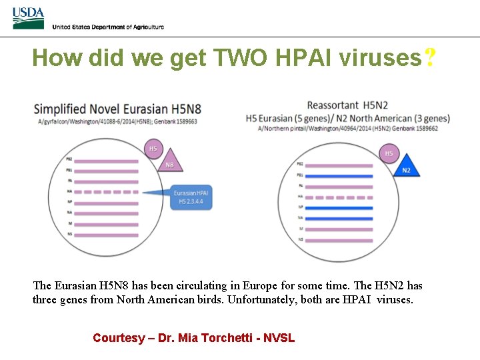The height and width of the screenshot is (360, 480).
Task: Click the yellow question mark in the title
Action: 430,59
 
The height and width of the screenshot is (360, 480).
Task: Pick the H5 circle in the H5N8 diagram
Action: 153,149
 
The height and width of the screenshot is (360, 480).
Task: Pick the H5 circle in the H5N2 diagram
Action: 389,153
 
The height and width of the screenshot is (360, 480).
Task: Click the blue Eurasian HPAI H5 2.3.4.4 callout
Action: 191,197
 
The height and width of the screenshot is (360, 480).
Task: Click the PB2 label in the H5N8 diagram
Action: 69,159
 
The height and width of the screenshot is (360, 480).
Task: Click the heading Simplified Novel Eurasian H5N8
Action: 117,109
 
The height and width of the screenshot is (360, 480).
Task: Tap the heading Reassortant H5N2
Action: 347,105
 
